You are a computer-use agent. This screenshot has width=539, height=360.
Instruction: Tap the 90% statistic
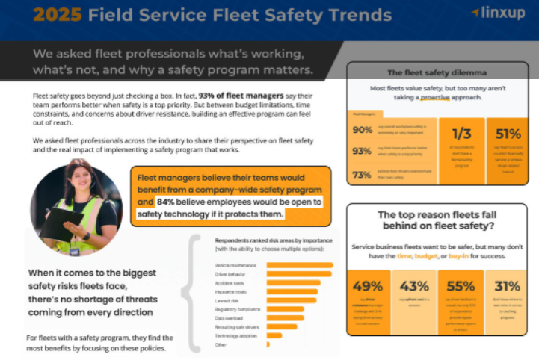pos(363,130)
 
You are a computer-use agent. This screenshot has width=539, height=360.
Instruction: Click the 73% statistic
pos(363,174)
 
